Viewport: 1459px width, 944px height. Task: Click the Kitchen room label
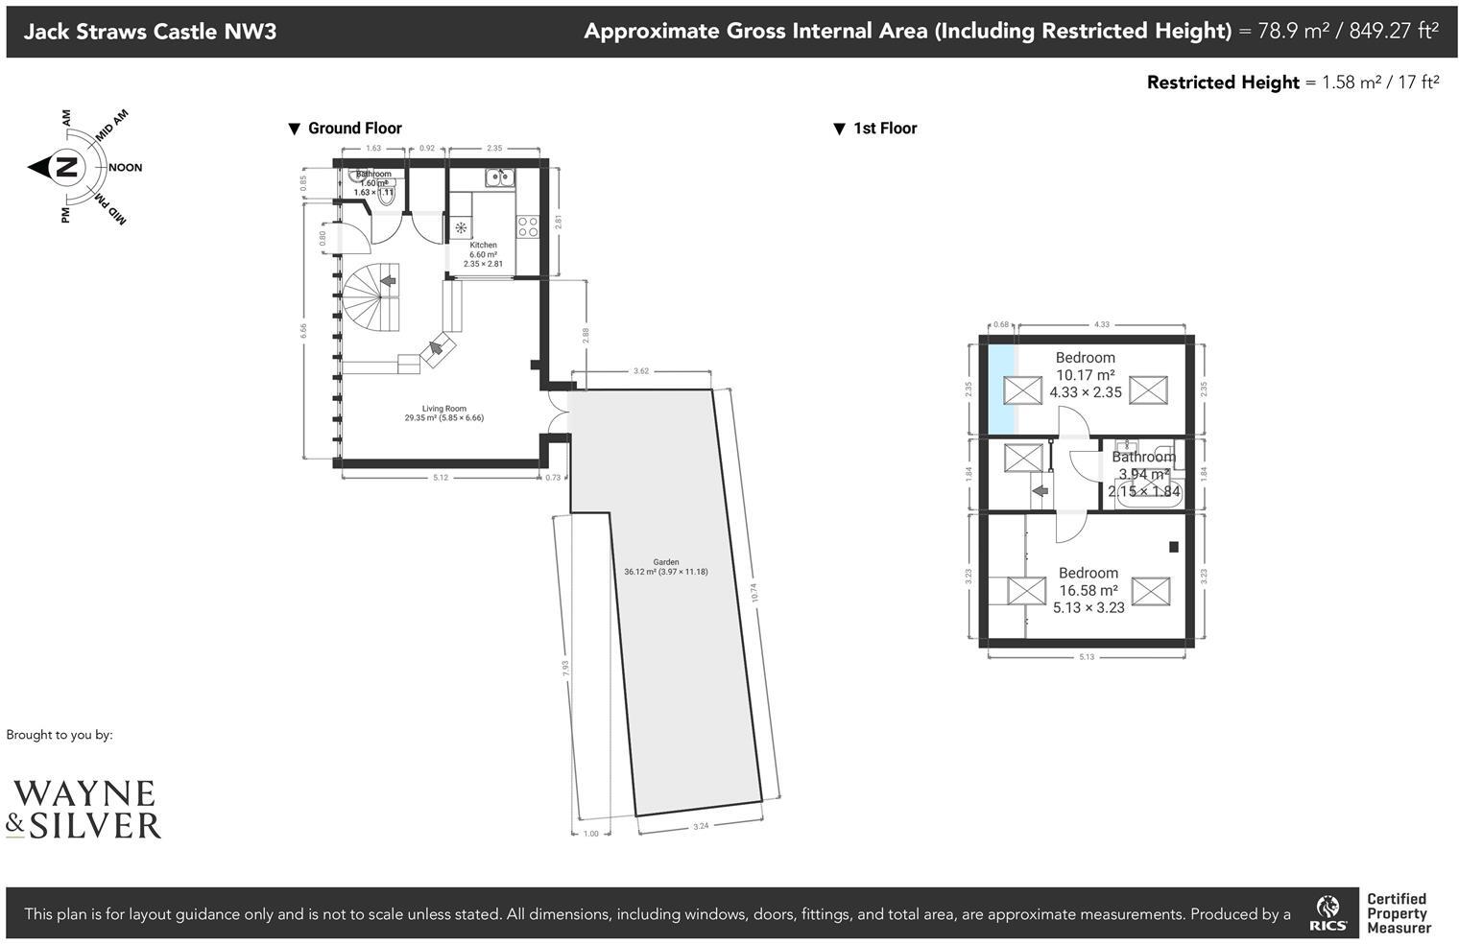tap(483, 246)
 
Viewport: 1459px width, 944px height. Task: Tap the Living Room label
tap(443, 409)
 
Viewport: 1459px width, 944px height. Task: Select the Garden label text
tap(665, 562)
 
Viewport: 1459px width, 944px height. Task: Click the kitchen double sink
tap(499, 177)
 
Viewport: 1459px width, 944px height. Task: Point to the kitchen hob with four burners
tap(528, 226)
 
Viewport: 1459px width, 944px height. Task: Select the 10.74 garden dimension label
tap(754, 593)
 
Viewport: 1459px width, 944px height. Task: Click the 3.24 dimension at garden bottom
tap(701, 826)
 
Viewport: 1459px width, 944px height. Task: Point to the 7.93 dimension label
tap(565, 670)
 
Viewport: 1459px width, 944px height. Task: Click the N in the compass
tap(66, 168)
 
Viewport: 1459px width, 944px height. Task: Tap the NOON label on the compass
tap(125, 168)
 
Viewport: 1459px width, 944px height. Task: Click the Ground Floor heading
tap(354, 129)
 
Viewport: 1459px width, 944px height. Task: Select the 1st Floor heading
tap(884, 129)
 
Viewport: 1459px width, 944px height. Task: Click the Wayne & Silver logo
tap(84, 810)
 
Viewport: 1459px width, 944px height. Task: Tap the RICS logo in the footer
tap(1328, 914)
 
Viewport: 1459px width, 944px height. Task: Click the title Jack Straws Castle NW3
tap(150, 32)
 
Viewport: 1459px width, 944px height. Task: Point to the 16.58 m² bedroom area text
tap(1088, 591)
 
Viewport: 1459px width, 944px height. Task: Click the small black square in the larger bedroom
tap(1173, 547)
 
